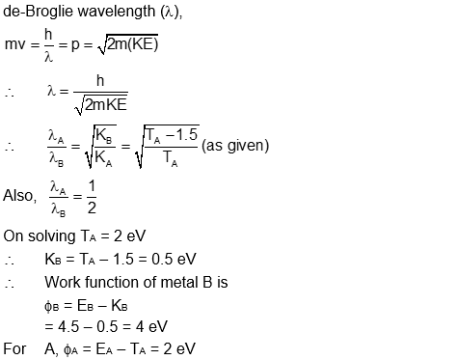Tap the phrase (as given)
click(235, 145)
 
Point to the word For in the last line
click(14, 348)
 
